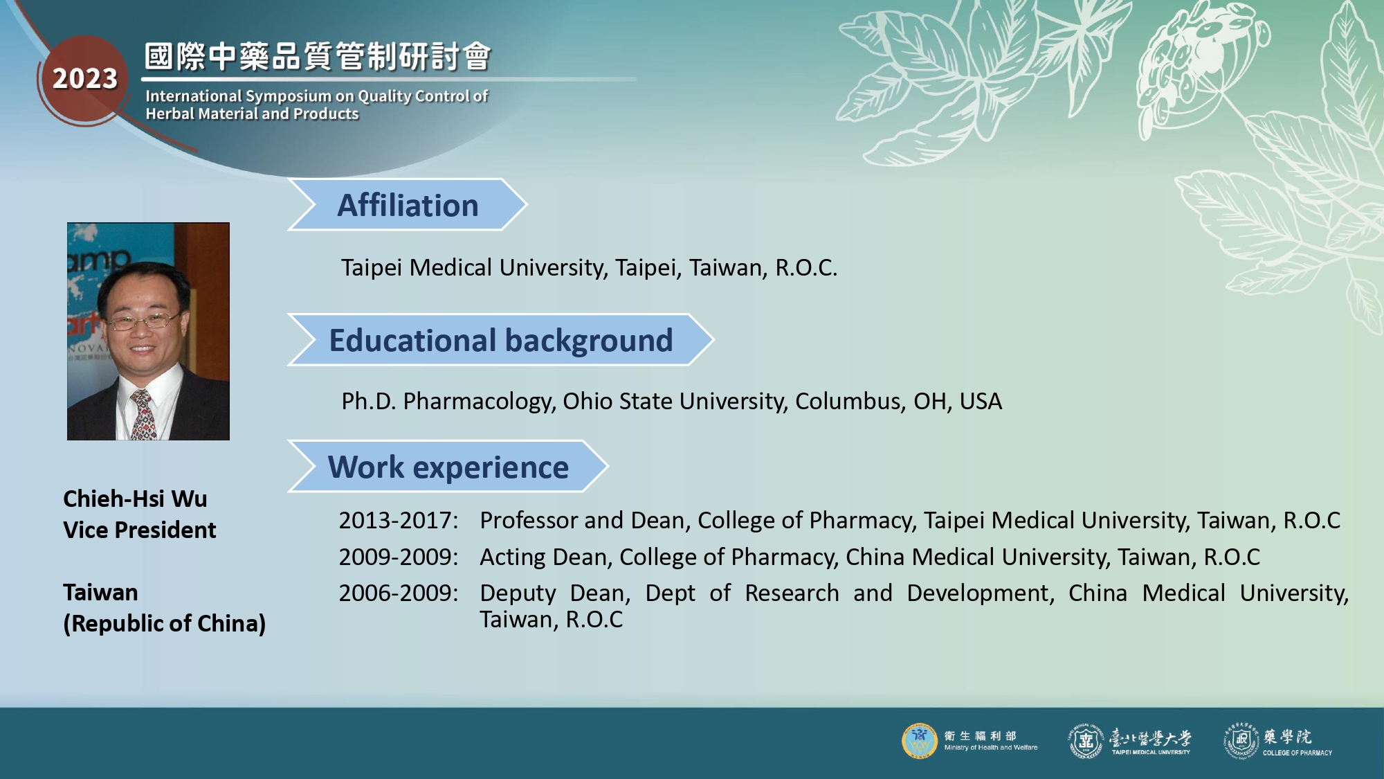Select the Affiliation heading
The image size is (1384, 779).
click(408, 205)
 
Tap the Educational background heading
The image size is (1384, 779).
click(501, 340)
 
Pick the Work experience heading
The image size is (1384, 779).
click(448, 467)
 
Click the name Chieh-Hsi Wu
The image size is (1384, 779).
click(135, 499)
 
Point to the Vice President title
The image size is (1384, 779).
click(140, 530)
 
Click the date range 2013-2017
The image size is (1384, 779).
click(398, 521)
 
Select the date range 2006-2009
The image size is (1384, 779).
click(398, 593)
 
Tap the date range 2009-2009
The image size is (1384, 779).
click(398, 557)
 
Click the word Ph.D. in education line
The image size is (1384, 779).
click(368, 401)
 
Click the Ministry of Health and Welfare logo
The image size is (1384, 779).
click(919, 741)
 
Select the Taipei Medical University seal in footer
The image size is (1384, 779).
click(1086, 741)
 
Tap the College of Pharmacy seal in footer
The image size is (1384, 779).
click(1241, 741)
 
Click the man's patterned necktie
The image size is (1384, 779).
click(143, 415)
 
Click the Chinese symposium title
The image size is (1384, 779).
click(318, 56)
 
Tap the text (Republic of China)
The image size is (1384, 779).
click(165, 624)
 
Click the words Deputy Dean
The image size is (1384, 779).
click(555, 593)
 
